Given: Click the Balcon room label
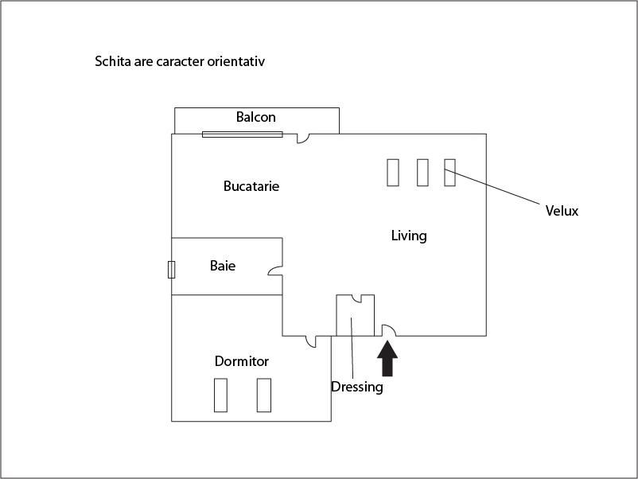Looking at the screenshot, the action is coord(256,117).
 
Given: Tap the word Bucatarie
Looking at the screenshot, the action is coord(251,186).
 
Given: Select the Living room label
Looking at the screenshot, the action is coord(409,236).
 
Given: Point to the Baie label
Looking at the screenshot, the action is coord(223,266).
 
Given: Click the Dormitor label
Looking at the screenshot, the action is coord(242,361).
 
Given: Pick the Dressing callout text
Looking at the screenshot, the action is coord(357,387).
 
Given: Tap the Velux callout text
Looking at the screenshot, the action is coord(562,211).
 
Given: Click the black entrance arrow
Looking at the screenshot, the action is coord(387,358).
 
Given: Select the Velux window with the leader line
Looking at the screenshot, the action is coord(449,173).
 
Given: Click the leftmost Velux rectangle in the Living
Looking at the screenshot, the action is coord(393,173).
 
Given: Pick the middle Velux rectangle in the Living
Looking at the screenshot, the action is coord(422,173).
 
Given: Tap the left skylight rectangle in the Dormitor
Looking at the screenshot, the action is coord(220,395).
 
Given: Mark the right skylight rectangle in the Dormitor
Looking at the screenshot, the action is coord(264,395).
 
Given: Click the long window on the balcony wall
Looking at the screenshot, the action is coord(243,134).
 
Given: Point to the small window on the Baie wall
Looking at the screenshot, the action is coord(171,270).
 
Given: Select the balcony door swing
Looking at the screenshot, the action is coord(303,138).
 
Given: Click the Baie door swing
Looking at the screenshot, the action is coord(275,271).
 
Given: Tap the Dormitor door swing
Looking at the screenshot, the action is coord(310,341).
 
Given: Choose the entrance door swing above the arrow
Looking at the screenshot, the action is coord(388,330).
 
